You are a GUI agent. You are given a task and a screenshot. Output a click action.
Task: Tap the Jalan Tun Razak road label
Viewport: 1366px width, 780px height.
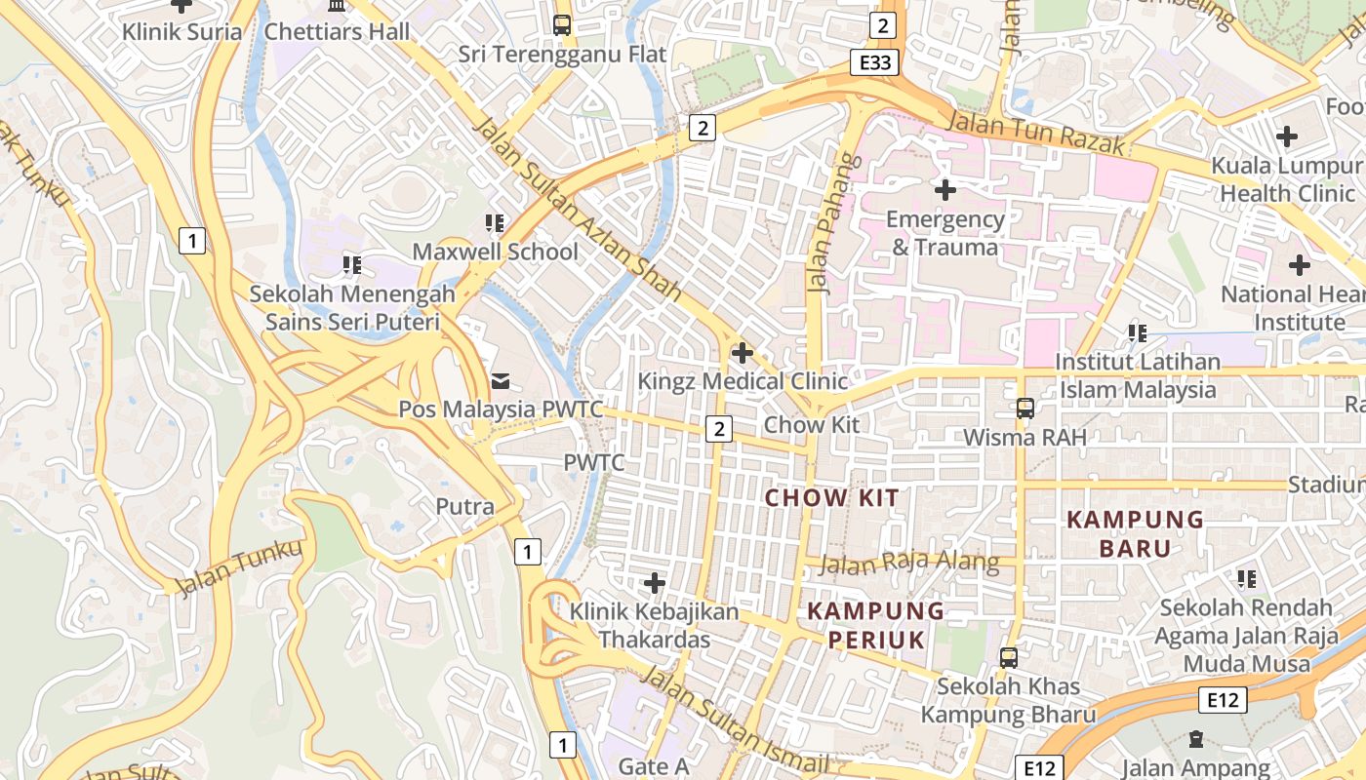(1037, 133)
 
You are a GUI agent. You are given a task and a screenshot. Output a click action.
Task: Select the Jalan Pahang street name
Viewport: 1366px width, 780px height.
(825, 224)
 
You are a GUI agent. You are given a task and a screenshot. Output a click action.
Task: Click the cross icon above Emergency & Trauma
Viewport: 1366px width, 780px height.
(944, 189)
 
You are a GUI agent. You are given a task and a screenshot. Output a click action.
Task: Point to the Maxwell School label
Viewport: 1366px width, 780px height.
(495, 252)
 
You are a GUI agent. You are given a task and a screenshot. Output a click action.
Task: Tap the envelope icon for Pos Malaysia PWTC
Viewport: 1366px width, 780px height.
(501, 380)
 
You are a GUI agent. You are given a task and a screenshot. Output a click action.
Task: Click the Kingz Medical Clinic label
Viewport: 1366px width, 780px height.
(743, 380)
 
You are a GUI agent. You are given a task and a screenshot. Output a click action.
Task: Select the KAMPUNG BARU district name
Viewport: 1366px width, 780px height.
(1135, 533)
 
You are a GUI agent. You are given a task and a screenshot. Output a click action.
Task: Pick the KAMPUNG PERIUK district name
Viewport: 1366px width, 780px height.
(876, 625)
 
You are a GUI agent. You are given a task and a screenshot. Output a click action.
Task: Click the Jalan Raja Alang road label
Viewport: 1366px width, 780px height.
(909, 563)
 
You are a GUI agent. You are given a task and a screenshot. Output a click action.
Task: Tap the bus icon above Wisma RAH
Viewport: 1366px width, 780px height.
(1024, 408)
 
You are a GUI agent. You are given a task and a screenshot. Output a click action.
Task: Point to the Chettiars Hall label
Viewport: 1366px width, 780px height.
(337, 31)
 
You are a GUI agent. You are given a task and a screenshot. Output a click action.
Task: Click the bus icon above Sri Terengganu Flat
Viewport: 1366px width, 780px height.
(562, 25)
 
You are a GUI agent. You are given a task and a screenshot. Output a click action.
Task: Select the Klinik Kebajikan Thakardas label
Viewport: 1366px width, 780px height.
(654, 625)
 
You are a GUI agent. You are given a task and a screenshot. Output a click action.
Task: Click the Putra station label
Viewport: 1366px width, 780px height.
(464, 507)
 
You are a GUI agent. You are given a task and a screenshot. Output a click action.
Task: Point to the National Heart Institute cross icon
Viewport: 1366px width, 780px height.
(1299, 264)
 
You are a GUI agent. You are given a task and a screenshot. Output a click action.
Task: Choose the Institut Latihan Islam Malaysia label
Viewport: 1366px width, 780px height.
(1137, 375)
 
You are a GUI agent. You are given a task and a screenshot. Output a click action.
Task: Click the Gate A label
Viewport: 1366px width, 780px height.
(654, 766)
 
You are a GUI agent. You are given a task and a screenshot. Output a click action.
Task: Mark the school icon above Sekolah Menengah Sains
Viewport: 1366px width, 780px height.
(352, 264)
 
